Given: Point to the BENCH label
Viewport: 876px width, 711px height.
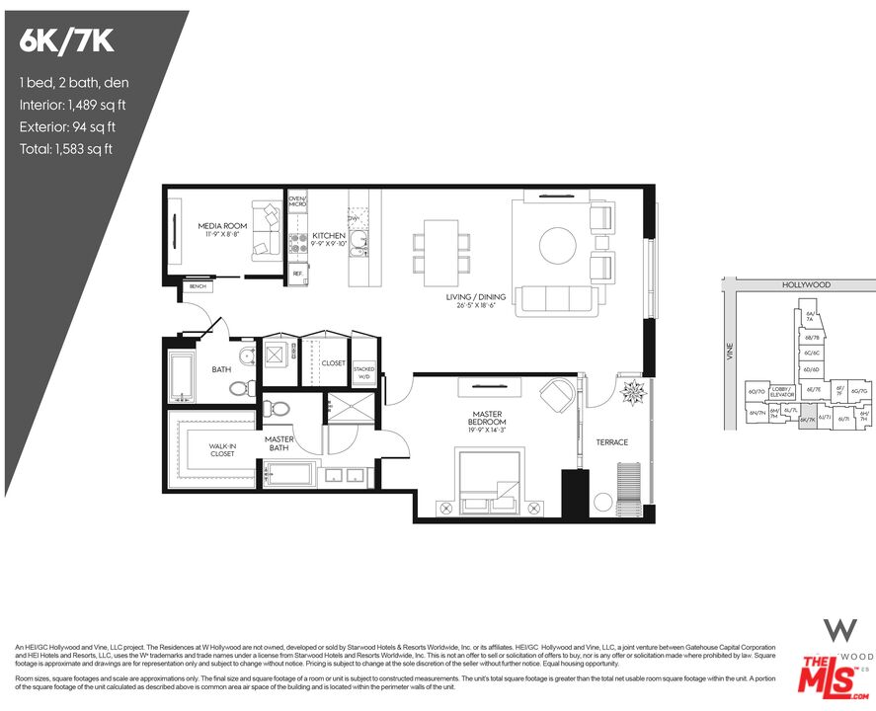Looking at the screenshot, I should point(198,287).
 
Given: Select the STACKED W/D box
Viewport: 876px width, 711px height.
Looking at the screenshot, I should point(362,371).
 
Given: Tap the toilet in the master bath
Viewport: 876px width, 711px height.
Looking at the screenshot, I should point(279,407).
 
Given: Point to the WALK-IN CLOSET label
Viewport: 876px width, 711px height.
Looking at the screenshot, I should point(222,450).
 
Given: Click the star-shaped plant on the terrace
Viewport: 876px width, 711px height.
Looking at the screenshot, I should point(630,391).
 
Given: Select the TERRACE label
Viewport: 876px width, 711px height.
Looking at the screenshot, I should point(612,442).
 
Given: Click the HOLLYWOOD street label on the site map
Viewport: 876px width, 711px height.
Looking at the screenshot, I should point(806,284).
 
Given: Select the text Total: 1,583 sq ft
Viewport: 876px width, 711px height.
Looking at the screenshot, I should point(65,149).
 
